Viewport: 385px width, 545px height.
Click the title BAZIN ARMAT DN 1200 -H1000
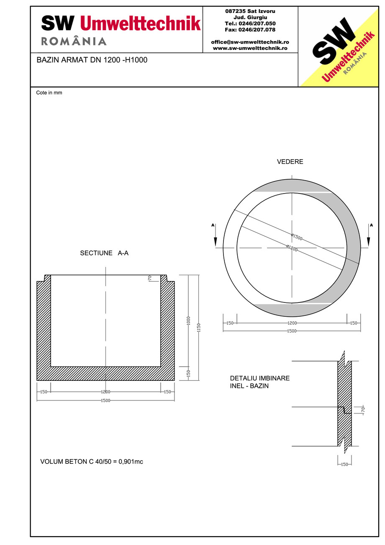coord(92,60)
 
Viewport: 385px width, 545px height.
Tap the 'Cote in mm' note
coord(49,93)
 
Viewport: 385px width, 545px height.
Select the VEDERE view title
coord(290,162)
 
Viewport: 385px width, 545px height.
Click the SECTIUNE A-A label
coord(104,253)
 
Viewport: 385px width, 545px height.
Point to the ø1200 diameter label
coord(292,248)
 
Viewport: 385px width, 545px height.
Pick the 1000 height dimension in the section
coord(188,320)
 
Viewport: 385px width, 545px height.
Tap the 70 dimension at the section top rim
coord(149,278)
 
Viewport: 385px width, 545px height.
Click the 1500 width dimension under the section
coord(105,401)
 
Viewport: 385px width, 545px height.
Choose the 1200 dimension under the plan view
coord(292,323)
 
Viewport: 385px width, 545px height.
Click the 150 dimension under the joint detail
coord(344,464)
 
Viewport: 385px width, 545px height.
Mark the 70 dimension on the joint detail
coord(363,410)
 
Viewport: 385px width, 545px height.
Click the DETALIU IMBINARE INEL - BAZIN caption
coord(259,382)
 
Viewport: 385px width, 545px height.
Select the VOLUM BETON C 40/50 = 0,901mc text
coord(92,462)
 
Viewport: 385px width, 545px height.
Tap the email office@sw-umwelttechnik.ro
coord(250,42)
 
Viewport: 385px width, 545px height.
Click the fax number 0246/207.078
coord(250,30)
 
